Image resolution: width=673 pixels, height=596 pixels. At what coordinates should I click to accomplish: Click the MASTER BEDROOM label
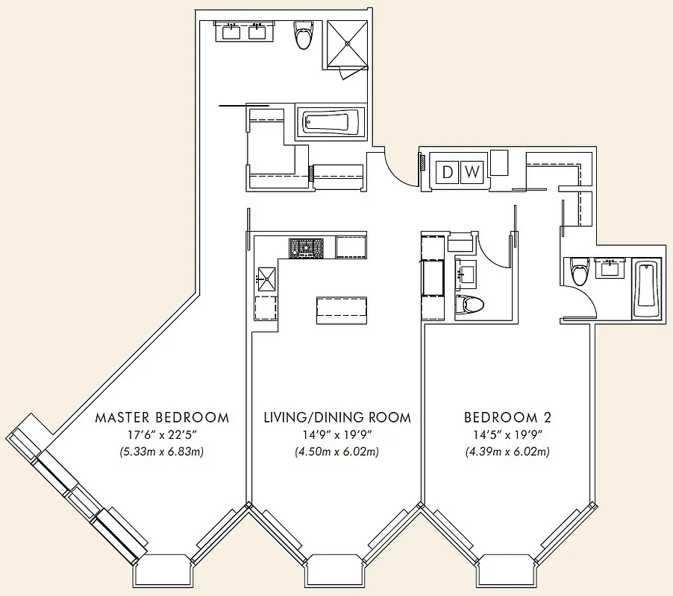tap(161, 417)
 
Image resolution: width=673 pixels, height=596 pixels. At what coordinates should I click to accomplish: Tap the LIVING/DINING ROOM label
tap(337, 417)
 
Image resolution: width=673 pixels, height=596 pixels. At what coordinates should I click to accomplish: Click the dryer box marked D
tap(448, 173)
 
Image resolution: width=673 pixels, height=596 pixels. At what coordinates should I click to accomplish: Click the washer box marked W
tap(472, 173)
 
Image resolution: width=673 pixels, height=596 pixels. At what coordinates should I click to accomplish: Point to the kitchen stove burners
tap(307, 247)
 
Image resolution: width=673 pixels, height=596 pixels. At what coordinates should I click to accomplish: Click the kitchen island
tap(342, 309)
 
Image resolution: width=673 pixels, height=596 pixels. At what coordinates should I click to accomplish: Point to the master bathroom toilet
tap(302, 35)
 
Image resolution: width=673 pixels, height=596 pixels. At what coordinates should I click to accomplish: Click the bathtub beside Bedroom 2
tap(646, 290)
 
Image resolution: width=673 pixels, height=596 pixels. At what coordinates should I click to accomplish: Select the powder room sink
tap(467, 272)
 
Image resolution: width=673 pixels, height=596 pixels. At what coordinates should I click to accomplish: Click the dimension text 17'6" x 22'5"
tap(161, 435)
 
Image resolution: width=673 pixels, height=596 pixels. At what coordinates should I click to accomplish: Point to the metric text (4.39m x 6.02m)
tap(507, 451)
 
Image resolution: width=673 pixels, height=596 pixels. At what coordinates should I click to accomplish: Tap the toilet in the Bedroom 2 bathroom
tap(578, 273)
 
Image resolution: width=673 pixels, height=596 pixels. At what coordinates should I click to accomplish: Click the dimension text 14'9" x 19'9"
tap(337, 435)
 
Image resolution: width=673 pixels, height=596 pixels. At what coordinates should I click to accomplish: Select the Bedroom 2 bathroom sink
tap(612, 267)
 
